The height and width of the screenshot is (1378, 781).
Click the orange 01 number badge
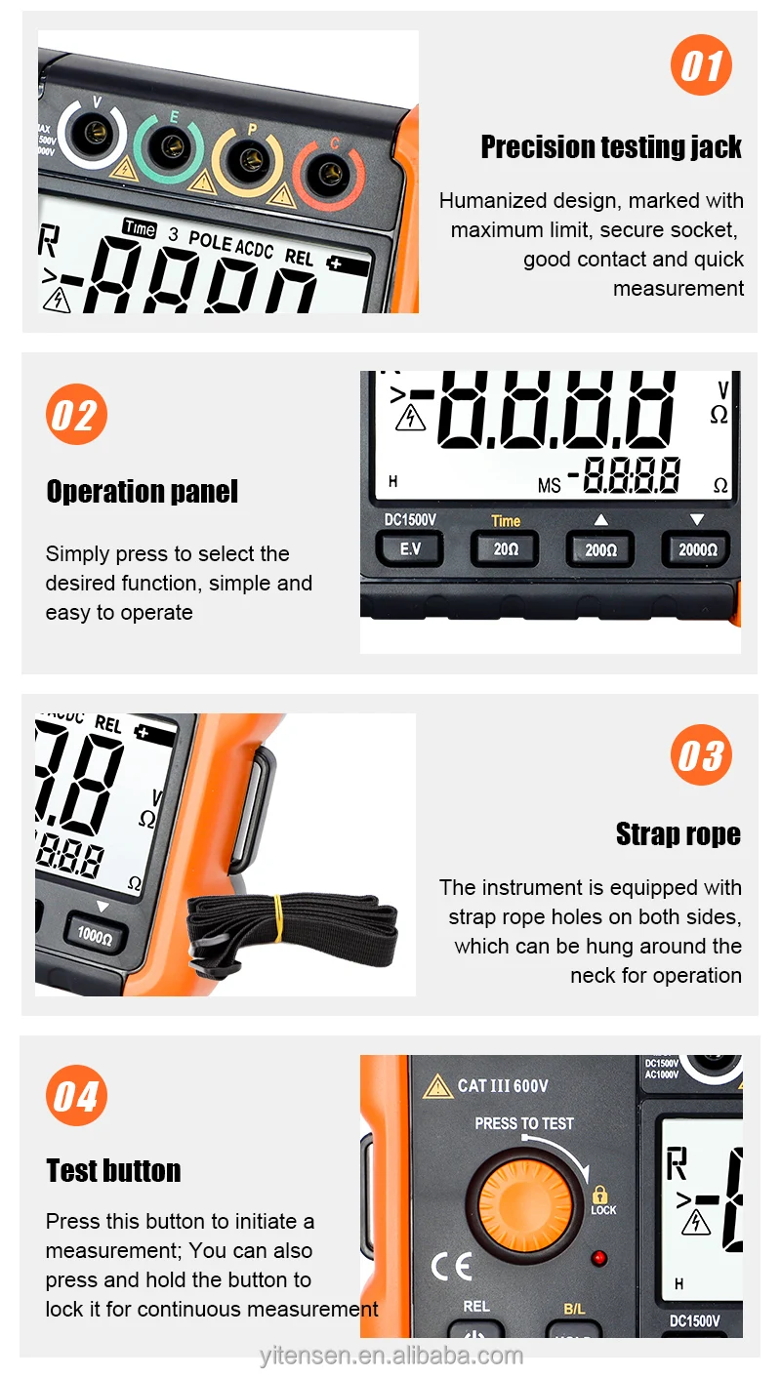701,66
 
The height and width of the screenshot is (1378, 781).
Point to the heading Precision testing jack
611,147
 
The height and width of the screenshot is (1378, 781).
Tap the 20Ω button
506,549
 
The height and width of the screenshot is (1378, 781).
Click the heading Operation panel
143,491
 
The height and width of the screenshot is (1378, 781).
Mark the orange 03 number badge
701,755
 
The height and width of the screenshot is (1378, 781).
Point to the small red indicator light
599,1258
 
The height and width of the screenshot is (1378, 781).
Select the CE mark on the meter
451,1266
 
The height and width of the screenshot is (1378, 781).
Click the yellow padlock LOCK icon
599,1194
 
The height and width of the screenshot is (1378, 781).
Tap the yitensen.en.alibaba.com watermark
391,1356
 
